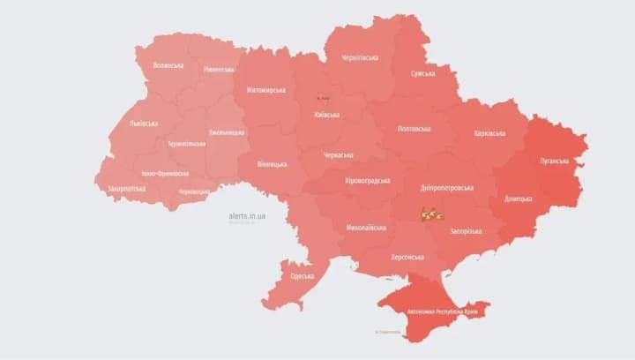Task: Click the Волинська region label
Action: click(168, 65)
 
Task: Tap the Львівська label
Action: click(144, 124)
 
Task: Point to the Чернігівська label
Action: click(360, 57)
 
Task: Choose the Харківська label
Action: click(489, 133)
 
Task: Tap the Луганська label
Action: click(561, 161)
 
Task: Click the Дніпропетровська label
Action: click(445, 188)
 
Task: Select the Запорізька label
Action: click(467, 231)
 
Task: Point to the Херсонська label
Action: click(407, 258)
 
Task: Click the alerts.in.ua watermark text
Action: click(247, 215)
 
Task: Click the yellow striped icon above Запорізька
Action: click(431, 213)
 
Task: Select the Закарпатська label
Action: click(126, 189)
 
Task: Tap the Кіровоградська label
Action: click(366, 180)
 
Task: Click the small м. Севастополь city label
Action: click(388, 333)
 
